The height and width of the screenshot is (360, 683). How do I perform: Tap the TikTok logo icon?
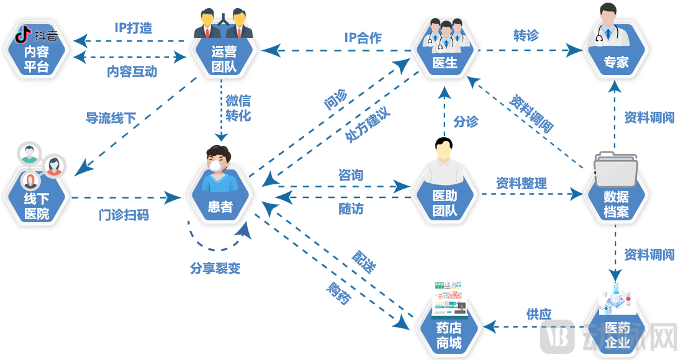tap(24, 36)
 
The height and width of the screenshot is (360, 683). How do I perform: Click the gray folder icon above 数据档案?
tap(615, 169)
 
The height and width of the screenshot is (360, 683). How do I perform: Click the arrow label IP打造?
tap(133, 28)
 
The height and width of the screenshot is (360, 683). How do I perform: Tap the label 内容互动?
tap(132, 72)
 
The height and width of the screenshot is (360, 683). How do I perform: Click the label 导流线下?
tap(111, 118)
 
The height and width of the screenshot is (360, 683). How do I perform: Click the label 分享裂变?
tap(215, 268)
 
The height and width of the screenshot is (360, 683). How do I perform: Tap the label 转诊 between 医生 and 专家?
tap(525, 35)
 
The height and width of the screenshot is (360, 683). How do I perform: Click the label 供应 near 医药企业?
tap(538, 314)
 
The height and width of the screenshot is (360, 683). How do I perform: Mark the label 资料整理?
tap(521, 184)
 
